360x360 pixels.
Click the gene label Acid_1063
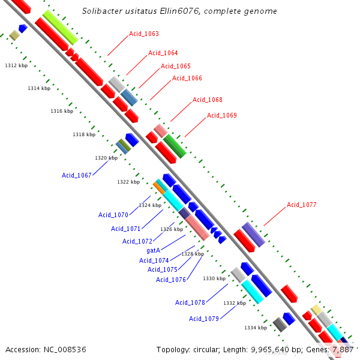point(144,34)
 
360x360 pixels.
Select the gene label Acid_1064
point(163,53)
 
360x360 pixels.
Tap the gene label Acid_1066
point(187,78)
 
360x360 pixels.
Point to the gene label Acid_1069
point(222,115)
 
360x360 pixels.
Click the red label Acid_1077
point(301,205)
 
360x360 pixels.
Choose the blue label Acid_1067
point(77,175)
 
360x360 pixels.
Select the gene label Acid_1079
point(204,319)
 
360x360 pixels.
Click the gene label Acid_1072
point(137,241)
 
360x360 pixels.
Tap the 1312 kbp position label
point(16,65)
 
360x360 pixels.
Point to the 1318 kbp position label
point(84,134)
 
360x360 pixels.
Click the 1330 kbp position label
point(214,278)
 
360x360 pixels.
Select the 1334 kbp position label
point(256,328)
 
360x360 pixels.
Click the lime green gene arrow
point(60,27)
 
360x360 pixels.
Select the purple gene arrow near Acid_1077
point(253,234)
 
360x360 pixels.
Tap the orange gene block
point(159,187)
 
